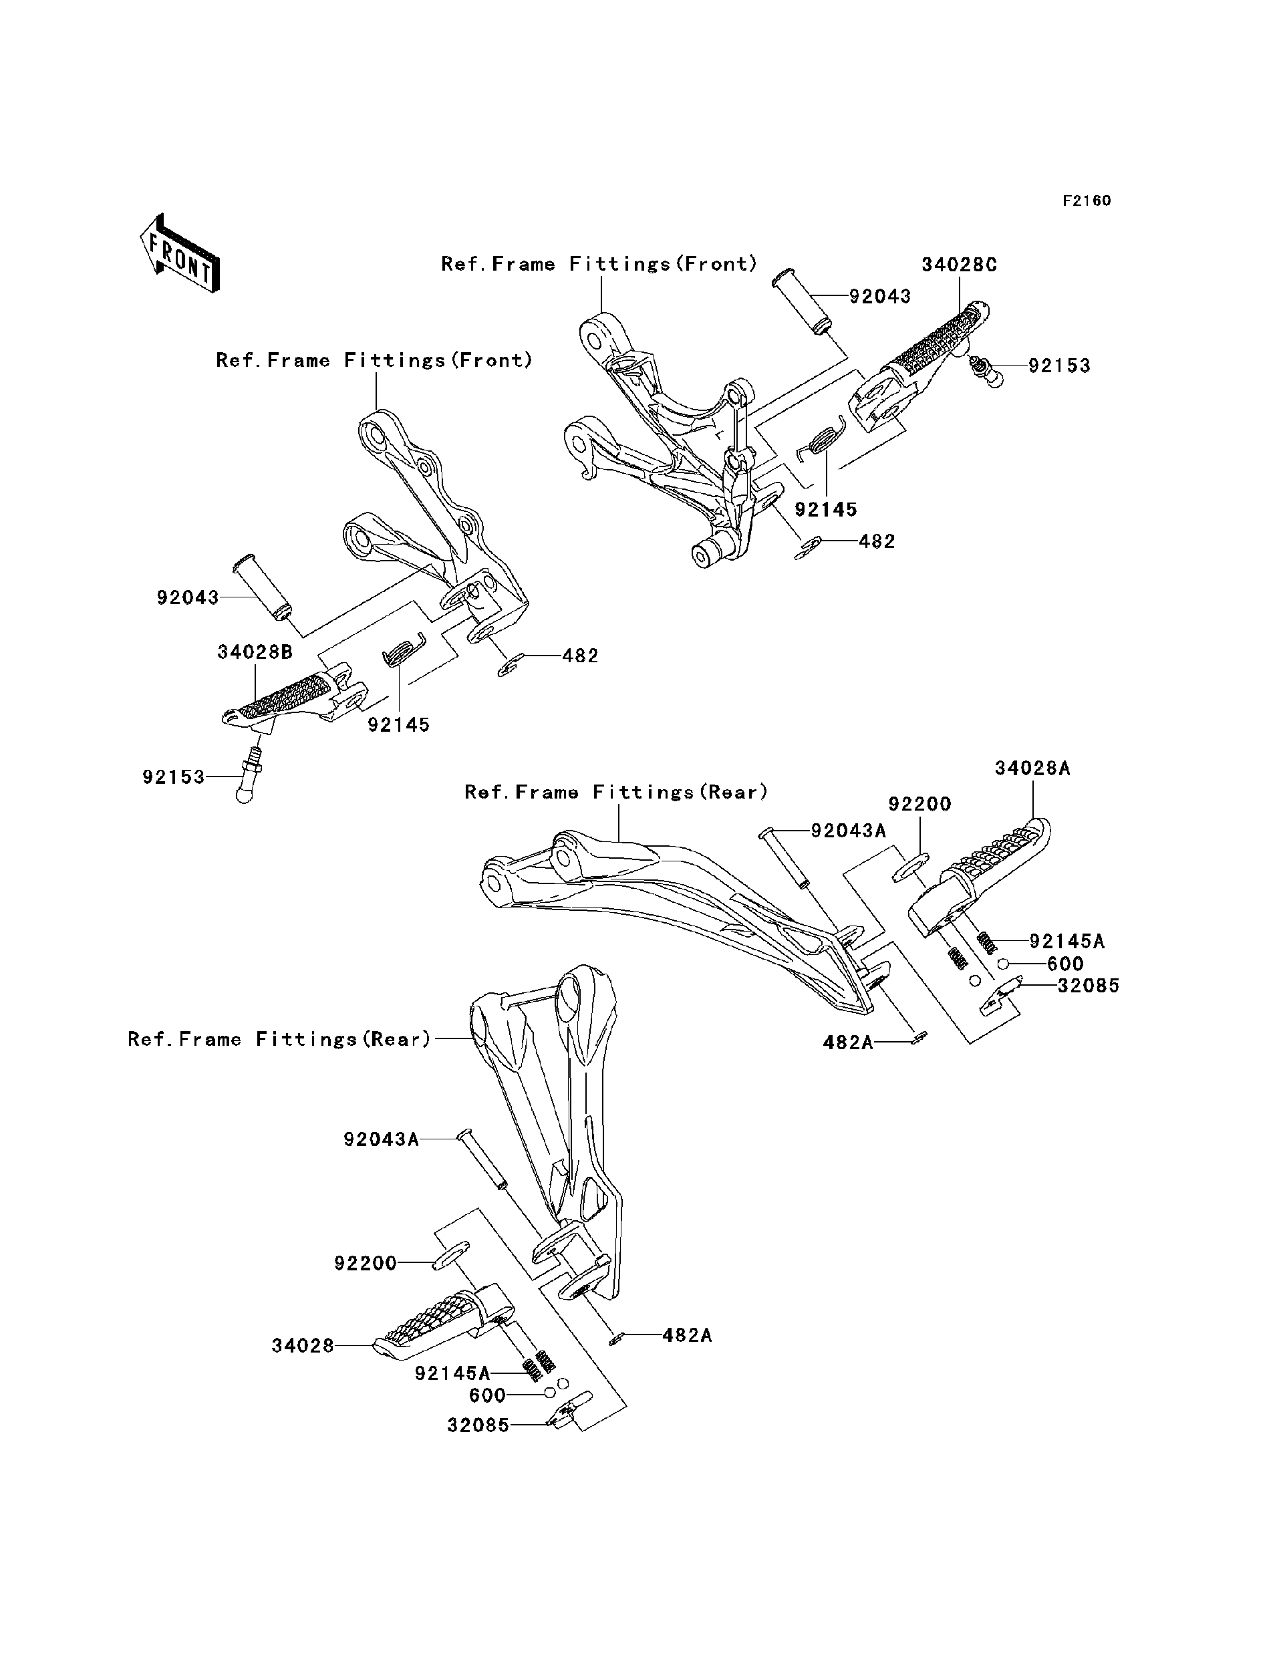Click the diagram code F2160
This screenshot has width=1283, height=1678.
click(1087, 201)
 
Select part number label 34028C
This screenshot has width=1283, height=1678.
click(959, 265)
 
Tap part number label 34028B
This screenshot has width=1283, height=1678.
click(255, 652)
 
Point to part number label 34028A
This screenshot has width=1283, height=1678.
click(1032, 768)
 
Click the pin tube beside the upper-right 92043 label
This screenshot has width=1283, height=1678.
click(799, 301)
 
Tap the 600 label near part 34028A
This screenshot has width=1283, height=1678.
click(1064, 963)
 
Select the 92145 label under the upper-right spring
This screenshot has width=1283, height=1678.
click(825, 509)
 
